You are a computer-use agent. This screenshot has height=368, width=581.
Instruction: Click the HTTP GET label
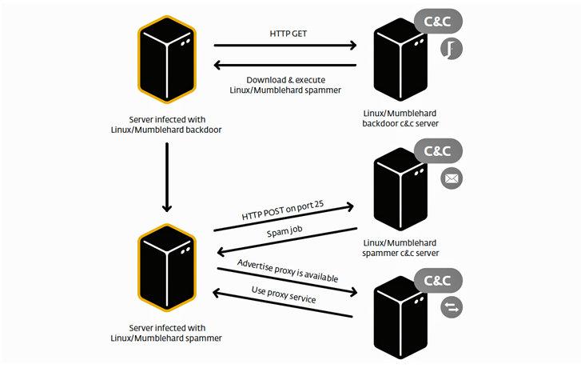(x=289, y=34)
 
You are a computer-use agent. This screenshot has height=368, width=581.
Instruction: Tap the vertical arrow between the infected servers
(x=167, y=178)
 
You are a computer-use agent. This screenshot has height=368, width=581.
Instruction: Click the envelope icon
(x=452, y=179)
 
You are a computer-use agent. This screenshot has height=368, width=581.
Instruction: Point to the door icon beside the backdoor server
(x=452, y=49)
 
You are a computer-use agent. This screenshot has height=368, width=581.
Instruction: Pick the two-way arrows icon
(x=452, y=307)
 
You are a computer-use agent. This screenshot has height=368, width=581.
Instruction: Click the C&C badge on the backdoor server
(x=438, y=21)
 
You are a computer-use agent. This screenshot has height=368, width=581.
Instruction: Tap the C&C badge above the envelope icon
(x=438, y=151)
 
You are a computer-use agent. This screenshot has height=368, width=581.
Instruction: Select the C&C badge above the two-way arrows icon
(x=438, y=281)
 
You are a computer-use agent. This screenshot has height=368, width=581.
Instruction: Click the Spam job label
(x=285, y=231)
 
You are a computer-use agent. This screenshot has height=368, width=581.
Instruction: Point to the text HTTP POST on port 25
(x=283, y=210)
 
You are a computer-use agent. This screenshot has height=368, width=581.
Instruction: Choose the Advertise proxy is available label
(x=288, y=271)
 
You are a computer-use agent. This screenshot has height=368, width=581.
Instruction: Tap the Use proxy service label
(x=284, y=295)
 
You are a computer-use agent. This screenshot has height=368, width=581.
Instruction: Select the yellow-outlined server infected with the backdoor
(x=167, y=59)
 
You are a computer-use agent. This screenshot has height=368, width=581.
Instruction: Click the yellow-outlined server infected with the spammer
(x=167, y=268)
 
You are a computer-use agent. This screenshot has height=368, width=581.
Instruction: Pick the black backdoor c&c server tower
(x=400, y=59)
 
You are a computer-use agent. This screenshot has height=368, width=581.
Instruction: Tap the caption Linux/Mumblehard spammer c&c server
(x=400, y=248)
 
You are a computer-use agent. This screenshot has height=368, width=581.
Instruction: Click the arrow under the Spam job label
(x=287, y=242)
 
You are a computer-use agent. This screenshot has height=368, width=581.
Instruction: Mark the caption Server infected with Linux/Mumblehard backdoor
(x=166, y=125)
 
